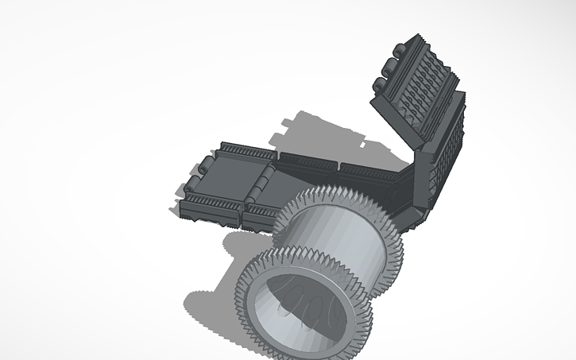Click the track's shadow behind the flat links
click(x=318, y=131)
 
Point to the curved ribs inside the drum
click(x=306, y=303)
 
